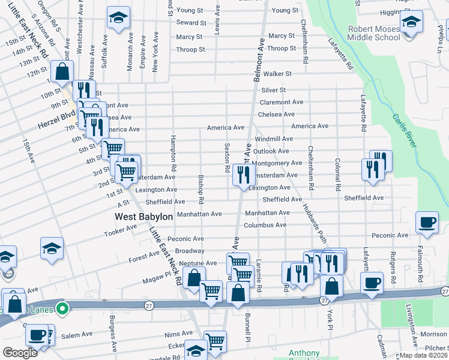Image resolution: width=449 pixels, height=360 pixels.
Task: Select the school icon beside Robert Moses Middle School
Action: [411, 23]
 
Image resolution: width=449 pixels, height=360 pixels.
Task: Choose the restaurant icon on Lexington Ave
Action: [243, 175]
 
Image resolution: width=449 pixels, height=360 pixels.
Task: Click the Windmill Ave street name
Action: [274, 139]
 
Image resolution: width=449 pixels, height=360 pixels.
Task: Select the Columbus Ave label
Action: [265, 225]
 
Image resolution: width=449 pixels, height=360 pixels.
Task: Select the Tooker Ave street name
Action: [121, 232]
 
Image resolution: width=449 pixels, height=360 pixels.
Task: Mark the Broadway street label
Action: [190, 251]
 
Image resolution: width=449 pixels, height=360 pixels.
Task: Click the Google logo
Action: [20, 352]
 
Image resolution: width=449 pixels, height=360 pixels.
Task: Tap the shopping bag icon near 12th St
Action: [62, 72]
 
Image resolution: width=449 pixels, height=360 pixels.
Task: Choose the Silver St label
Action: [273, 89]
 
